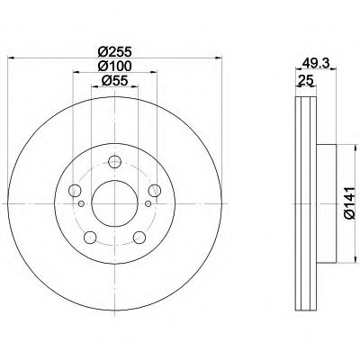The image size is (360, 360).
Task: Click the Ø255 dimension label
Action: point(115,52)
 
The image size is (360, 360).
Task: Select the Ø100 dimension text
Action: point(115,66)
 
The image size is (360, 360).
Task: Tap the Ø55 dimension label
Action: point(115,80)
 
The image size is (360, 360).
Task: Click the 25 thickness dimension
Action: point(306,80)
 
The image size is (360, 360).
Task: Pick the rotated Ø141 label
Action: point(350,203)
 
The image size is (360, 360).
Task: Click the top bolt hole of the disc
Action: point(114,162)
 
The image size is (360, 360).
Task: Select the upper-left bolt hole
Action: point(75,191)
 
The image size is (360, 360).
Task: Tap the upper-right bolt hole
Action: point(155,191)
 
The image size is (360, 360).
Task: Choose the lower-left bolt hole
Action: point(90,238)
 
